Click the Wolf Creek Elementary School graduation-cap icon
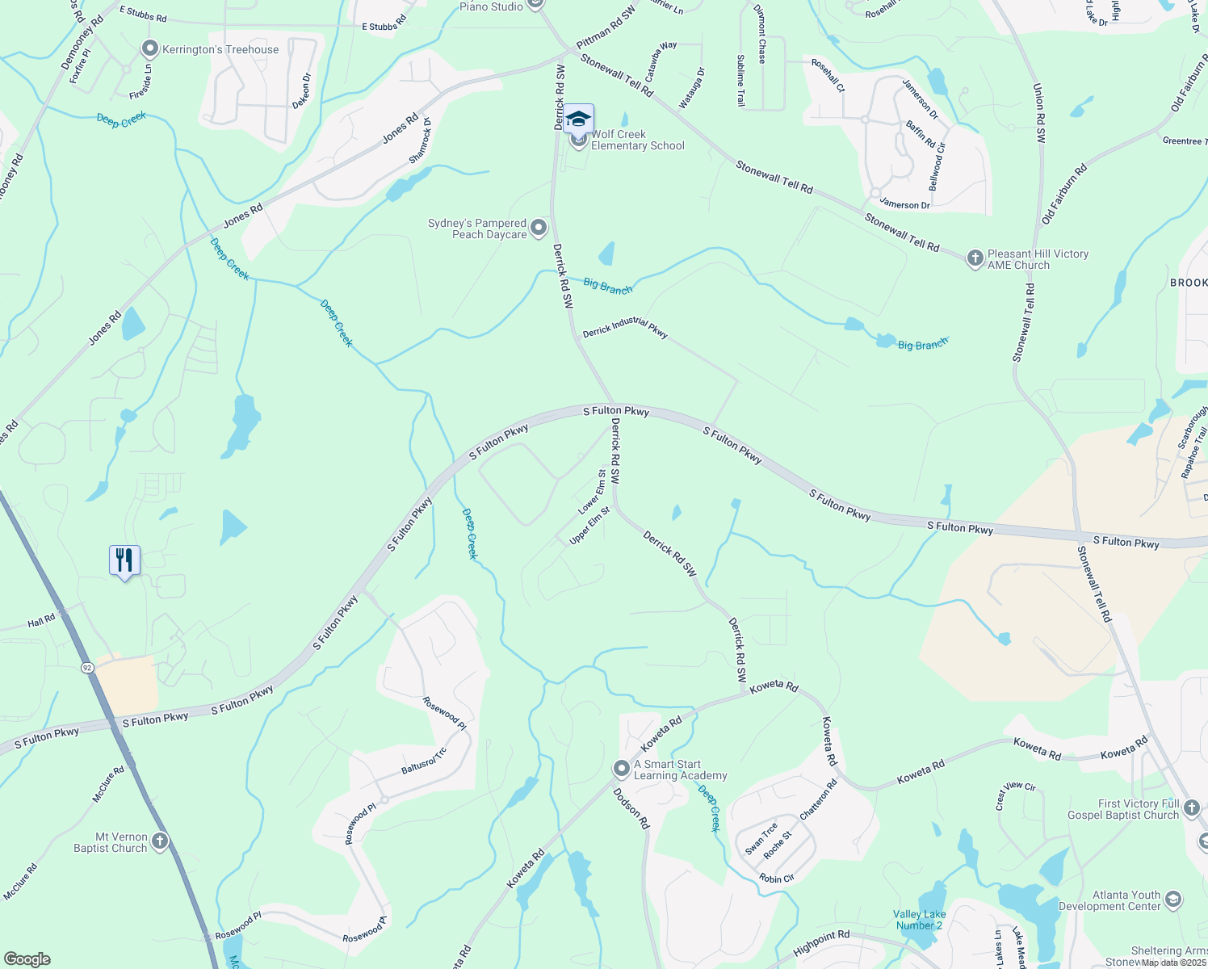[x=578, y=120]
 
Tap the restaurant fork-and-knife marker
[x=124, y=560]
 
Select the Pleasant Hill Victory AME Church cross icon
[x=975, y=258]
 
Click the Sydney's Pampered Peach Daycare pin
[x=539, y=229]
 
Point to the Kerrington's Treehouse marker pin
[x=149, y=49]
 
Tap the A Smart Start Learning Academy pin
[x=621, y=768]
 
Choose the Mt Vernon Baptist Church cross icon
[x=160, y=841]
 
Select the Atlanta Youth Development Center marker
[x=1173, y=899]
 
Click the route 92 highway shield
[x=87, y=668]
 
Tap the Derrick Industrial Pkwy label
[x=625, y=327]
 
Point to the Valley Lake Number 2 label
[x=919, y=920]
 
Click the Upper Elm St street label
[x=589, y=526]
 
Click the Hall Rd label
[x=41, y=621]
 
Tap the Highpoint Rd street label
[x=821, y=943]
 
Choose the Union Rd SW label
[x=1039, y=113]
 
